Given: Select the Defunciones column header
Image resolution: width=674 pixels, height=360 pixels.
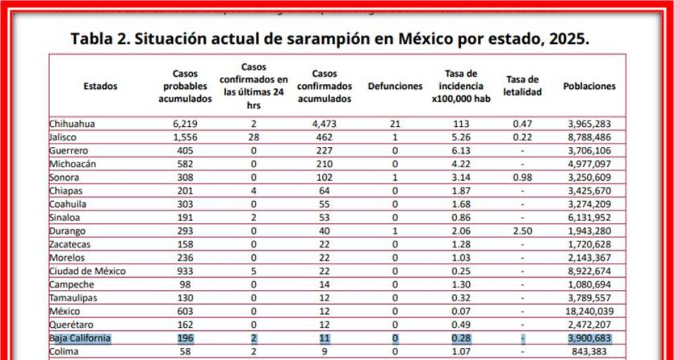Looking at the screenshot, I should pos(395,86).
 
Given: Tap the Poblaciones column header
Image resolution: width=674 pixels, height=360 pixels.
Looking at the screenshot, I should pos(589,86).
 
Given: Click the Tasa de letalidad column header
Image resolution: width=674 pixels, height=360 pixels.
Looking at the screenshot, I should pos(522,86).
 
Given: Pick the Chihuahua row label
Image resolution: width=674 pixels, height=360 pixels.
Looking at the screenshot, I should pos(72,123).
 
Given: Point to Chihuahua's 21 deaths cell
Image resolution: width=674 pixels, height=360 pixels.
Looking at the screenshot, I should pos(395,123).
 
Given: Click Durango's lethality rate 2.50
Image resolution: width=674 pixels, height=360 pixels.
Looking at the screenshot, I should pos(522,231).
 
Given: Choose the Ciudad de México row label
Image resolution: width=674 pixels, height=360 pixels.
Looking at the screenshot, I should pos(88,271).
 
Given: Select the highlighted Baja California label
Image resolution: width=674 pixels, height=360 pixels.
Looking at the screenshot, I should pos(80,338).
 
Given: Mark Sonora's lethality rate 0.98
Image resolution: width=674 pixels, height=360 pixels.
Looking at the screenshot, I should pos(522,177).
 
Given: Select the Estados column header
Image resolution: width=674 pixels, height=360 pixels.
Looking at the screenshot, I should pos(100,86).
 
